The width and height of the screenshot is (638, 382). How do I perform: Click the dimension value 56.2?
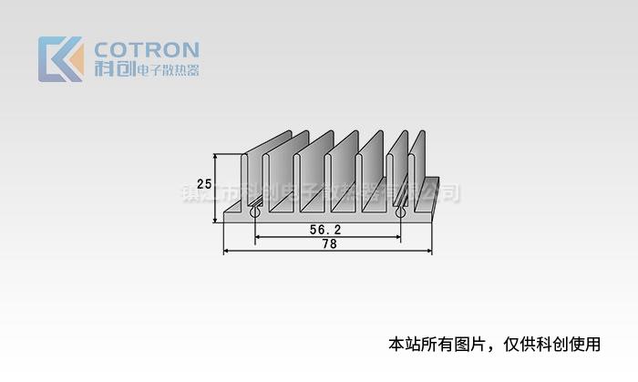tap(324, 230)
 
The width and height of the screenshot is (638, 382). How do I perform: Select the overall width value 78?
tap(329, 244)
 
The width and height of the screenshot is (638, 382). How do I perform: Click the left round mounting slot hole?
tap(254, 213)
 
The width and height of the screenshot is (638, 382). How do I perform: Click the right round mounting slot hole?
tap(400, 213)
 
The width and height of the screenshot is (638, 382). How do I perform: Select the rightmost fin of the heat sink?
tap(419, 169)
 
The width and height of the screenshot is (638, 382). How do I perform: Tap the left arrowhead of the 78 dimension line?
tap(227, 251)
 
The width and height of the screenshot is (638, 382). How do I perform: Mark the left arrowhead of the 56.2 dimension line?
tap(258, 237)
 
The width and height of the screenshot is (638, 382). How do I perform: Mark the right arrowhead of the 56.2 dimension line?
tap(397, 237)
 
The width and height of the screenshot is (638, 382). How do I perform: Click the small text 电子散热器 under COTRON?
tap(168, 70)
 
